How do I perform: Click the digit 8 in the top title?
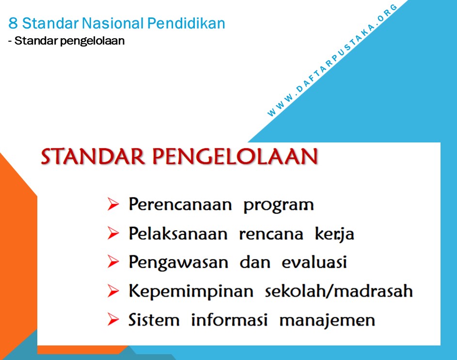13,23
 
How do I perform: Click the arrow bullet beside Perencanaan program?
113,205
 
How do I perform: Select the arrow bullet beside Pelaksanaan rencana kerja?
113,234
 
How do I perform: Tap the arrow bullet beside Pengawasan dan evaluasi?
113,263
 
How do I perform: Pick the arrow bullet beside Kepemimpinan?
113,292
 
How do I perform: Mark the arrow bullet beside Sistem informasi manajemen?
113,320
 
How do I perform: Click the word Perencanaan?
180,205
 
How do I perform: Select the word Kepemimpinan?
191,292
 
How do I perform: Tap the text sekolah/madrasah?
339,291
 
